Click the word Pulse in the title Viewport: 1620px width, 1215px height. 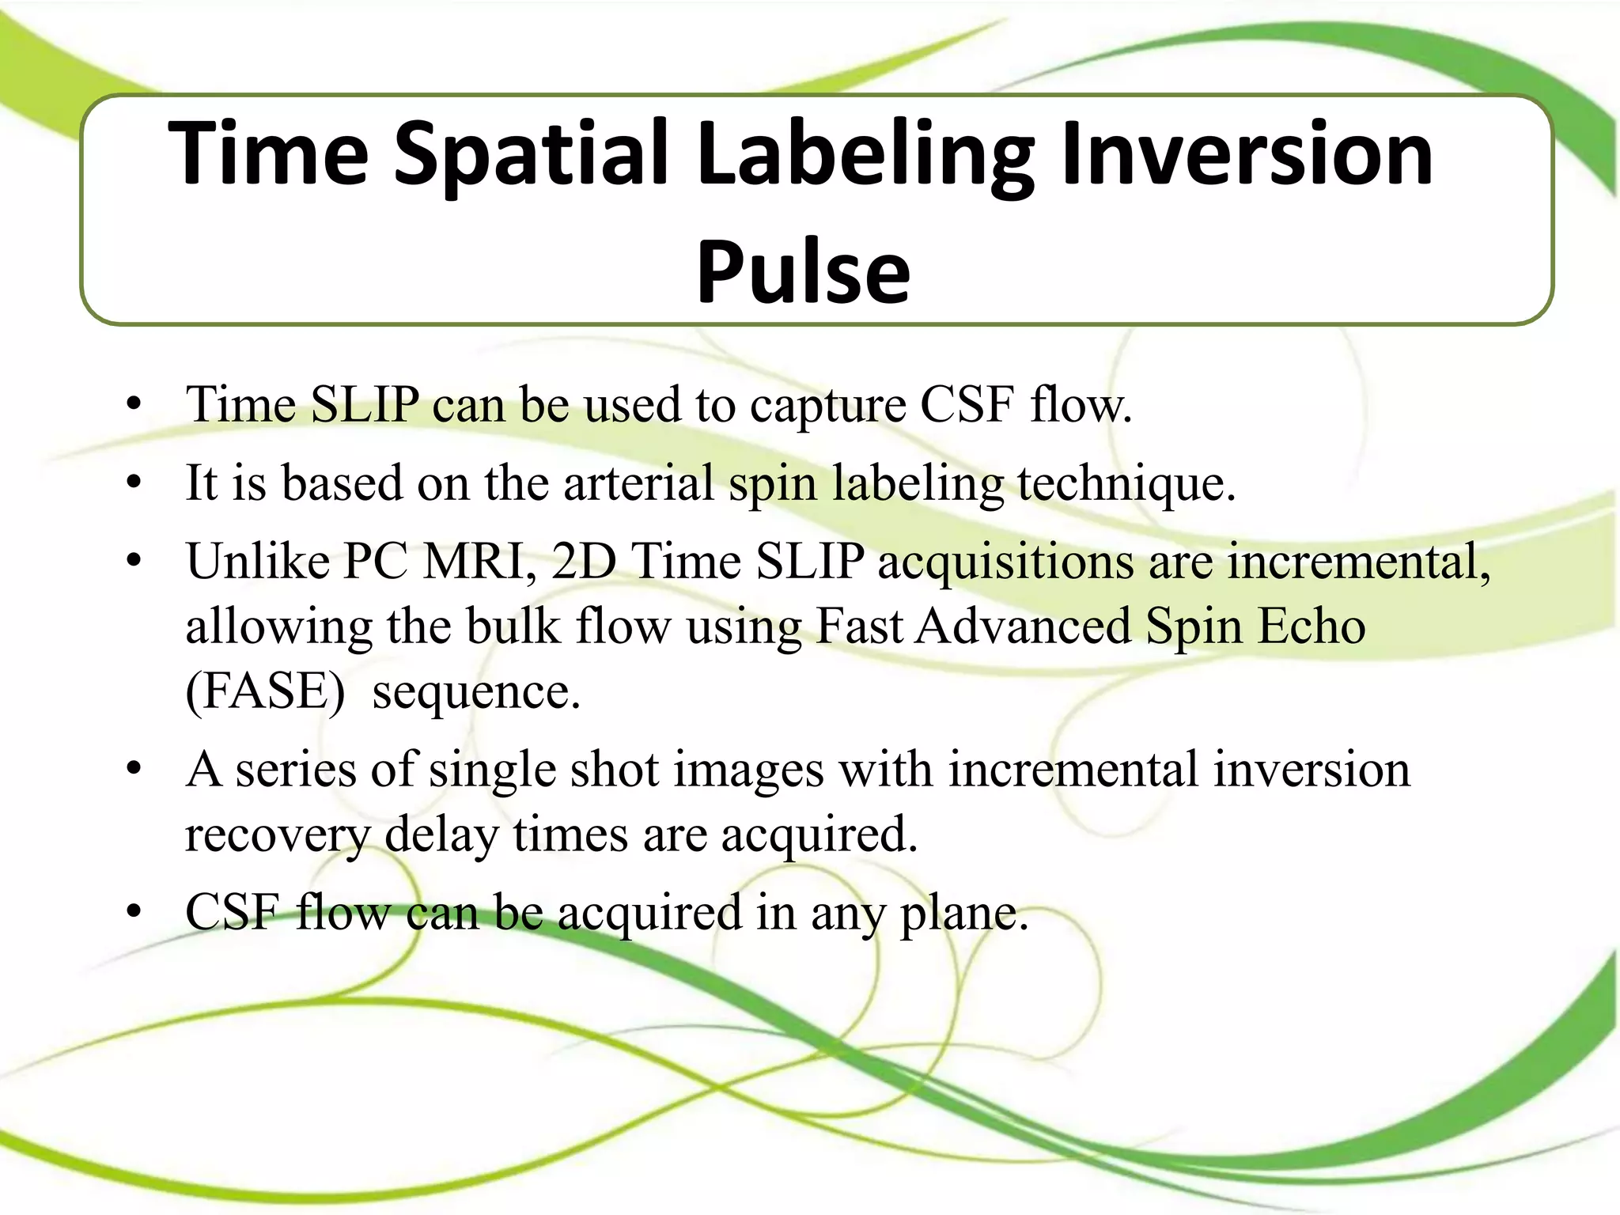(803, 271)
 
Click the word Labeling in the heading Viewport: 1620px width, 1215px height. (865, 154)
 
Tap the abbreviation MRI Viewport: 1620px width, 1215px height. (479, 562)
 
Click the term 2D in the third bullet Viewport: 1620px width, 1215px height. (584, 562)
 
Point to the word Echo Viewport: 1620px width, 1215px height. (1312, 626)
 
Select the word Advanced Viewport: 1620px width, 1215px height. (1024, 626)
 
